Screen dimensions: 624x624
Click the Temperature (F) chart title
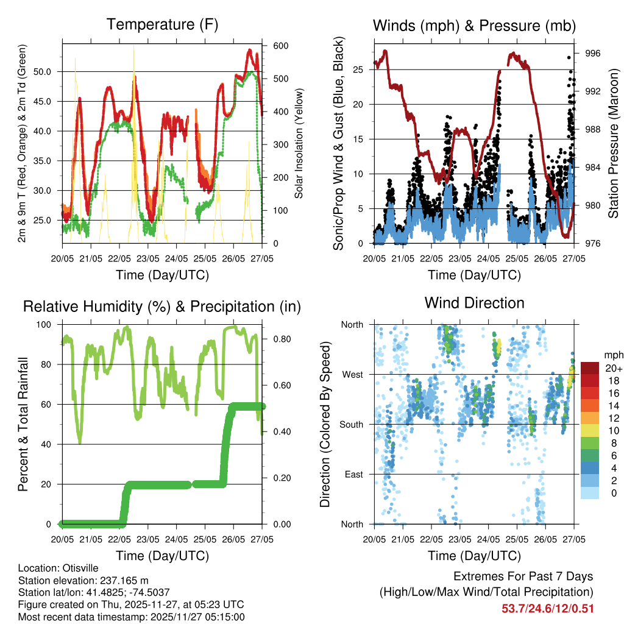coord(162,25)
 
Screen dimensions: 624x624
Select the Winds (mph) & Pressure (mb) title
coord(474,26)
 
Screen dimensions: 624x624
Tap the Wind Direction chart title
coord(474,303)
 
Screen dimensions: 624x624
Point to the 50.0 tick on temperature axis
coord(49,71)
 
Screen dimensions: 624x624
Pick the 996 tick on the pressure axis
coord(593,54)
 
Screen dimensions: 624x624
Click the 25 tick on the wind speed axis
coord(358,69)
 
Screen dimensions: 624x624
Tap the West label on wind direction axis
coord(352,374)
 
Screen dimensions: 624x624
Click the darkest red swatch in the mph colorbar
coord(590,368)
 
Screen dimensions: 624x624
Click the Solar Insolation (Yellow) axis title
coord(299,144)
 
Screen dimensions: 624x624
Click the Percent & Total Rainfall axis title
coord(24,424)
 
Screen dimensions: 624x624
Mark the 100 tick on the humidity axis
coord(48,325)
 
